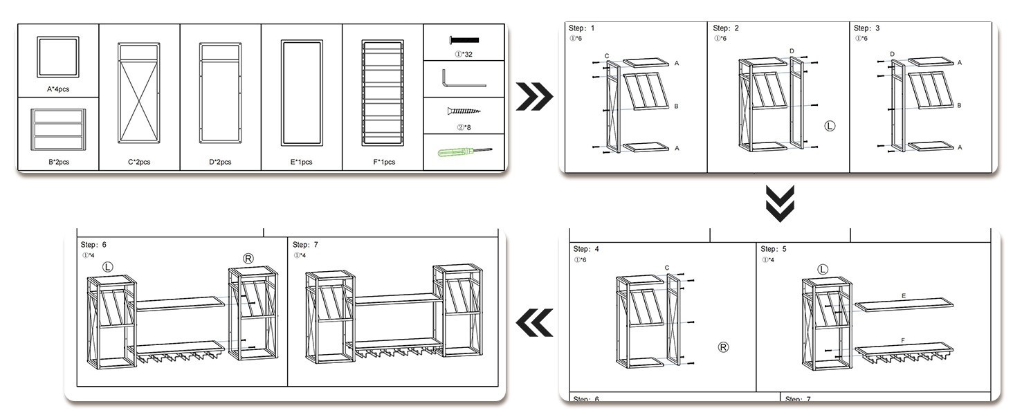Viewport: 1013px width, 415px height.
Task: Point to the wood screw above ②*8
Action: pos(464,111)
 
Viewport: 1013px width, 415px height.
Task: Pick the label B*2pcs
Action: pos(59,162)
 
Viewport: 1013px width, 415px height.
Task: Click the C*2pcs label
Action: pos(139,162)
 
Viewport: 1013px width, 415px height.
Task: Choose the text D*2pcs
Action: pos(220,162)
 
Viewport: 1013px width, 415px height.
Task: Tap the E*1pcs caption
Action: pos(301,162)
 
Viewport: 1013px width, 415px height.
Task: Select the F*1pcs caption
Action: pos(382,162)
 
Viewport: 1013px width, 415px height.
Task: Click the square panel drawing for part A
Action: pos(58,57)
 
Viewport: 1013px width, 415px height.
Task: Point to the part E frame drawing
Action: pos(302,93)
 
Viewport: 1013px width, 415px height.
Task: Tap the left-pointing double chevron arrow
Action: pos(535,322)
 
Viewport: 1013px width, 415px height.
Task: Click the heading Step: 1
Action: pos(581,28)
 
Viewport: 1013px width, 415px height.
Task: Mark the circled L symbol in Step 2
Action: pos(830,127)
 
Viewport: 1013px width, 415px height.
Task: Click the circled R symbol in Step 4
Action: pos(724,347)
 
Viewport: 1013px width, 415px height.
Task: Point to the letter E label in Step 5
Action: pos(904,295)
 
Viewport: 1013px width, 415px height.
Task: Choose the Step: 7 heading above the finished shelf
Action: pos(306,245)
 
